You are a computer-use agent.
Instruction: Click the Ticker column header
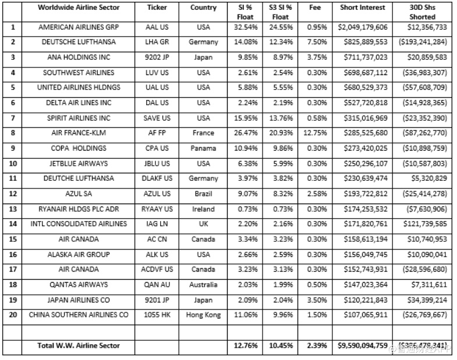157,8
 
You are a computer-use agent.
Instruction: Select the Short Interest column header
363,8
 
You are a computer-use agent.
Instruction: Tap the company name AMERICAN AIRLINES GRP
78,27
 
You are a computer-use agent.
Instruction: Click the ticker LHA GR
157,42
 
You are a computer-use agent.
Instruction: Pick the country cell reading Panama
203,148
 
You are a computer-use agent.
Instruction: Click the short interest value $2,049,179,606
363,27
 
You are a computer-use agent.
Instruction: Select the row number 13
13,209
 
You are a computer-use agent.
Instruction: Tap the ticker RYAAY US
157,209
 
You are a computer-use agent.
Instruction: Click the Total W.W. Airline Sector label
79,345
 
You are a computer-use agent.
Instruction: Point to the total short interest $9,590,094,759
363,345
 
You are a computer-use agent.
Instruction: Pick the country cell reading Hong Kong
203,315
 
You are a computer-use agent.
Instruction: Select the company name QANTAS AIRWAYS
78,285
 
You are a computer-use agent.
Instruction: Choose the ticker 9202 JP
157,58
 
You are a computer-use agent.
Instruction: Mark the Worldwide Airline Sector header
78,8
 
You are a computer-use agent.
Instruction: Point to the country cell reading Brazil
203,194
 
